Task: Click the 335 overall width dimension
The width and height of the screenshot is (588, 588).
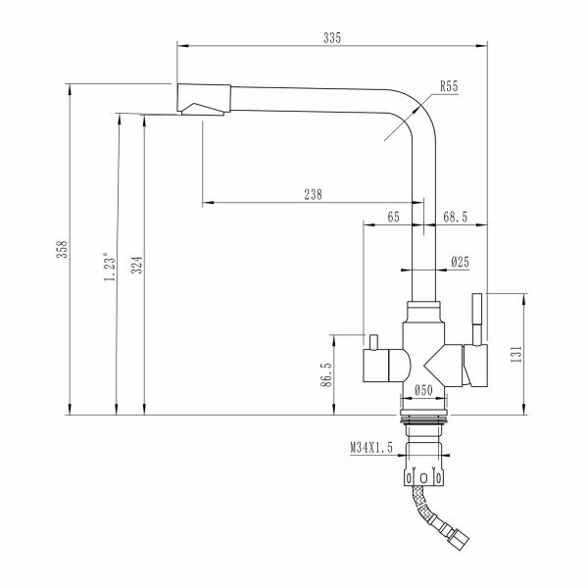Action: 331,37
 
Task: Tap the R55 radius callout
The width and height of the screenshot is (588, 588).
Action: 450,87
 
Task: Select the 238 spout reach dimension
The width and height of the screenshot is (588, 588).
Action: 314,194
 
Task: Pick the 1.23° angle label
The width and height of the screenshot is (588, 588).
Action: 111,266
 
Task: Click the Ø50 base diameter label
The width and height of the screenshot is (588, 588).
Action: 424,390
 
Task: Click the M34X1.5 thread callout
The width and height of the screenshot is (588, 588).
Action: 373,448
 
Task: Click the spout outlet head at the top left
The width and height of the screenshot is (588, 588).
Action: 203,101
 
